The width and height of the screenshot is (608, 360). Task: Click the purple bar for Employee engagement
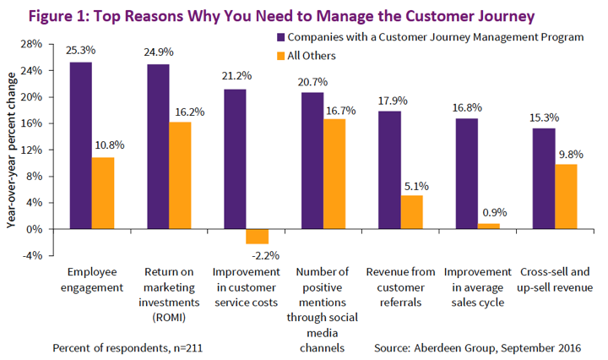click(x=81, y=145)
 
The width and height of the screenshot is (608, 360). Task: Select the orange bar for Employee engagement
click(x=103, y=194)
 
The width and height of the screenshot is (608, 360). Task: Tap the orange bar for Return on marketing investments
click(x=181, y=176)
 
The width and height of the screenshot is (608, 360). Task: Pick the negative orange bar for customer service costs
click(x=258, y=237)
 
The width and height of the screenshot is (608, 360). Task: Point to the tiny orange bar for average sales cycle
click(x=489, y=226)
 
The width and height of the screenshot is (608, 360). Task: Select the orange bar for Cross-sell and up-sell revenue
click(x=566, y=197)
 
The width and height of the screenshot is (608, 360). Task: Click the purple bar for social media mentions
click(x=312, y=161)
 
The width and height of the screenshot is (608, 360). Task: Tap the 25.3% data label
click(x=81, y=52)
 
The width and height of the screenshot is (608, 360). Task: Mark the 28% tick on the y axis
click(x=31, y=44)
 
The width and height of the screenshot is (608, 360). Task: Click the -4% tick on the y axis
click(x=31, y=256)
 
